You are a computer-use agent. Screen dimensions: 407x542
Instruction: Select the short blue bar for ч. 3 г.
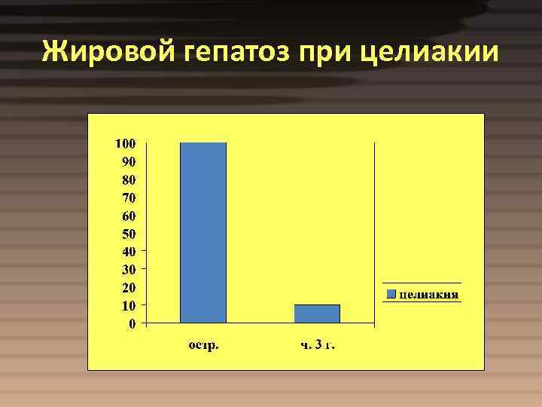pyautogui.click(x=317, y=314)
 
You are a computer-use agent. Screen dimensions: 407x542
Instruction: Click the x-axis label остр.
pyautogui.click(x=203, y=346)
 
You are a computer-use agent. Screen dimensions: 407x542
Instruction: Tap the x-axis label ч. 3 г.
pyautogui.click(x=317, y=346)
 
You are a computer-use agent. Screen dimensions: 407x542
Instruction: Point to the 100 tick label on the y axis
pyautogui.click(x=125, y=143)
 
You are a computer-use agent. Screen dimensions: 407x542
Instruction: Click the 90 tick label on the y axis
pyautogui.click(x=128, y=161)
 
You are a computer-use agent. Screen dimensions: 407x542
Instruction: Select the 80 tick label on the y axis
pyautogui.click(x=128, y=179)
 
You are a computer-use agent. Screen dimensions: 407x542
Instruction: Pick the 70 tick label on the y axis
pyautogui.click(x=128, y=197)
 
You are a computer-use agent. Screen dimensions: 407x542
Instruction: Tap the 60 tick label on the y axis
pyautogui.click(x=128, y=216)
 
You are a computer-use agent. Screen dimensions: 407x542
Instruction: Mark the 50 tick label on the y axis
pyautogui.click(x=128, y=234)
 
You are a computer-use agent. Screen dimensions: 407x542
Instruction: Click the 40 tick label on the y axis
pyautogui.click(x=128, y=251)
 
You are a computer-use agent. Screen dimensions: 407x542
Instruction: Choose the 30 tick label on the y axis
pyautogui.click(x=128, y=269)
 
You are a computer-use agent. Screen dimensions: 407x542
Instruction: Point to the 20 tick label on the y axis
pyautogui.click(x=128, y=287)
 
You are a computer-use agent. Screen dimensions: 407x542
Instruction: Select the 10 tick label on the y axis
pyautogui.click(x=128, y=305)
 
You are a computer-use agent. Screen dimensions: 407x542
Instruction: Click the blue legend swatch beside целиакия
pyautogui.click(x=391, y=293)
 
